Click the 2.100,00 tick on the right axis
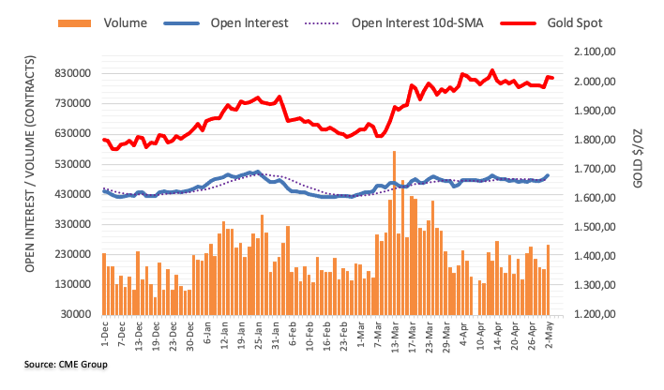(594, 52)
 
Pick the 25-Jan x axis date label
(257, 334)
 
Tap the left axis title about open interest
(28, 183)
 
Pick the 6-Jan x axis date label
(205, 334)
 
